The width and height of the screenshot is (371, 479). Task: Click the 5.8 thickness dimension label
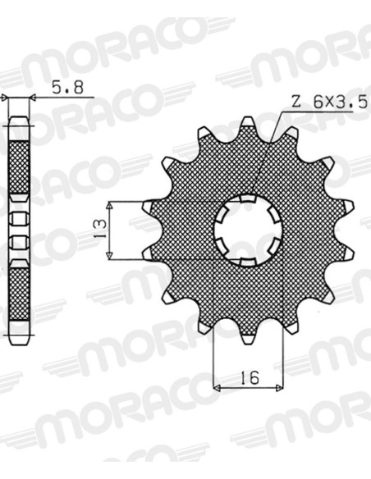click(67, 88)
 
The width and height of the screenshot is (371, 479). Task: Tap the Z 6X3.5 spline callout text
click(329, 103)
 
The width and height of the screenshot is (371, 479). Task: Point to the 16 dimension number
click(250, 377)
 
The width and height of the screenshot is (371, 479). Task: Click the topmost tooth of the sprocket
click(248, 125)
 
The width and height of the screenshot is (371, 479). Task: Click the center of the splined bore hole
click(249, 230)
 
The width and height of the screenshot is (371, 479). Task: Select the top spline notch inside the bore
click(248, 198)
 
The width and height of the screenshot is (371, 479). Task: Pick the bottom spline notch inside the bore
click(248, 262)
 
